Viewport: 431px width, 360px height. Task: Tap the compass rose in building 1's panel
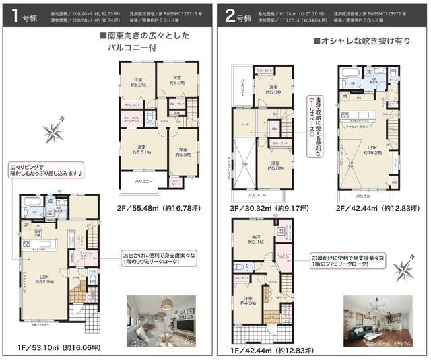tap(53, 129)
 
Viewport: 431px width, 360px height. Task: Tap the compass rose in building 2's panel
tap(405, 270)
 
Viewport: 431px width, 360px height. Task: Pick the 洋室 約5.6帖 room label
tap(274, 166)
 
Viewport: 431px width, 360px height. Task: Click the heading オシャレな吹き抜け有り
tap(357, 41)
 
